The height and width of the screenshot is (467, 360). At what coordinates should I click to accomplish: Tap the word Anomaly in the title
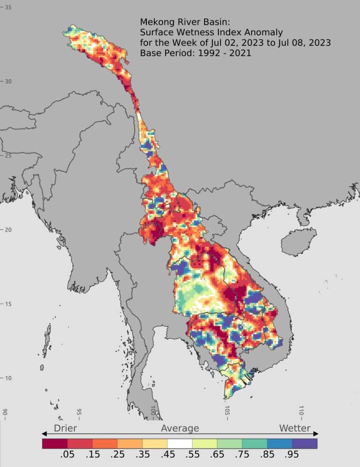(264, 32)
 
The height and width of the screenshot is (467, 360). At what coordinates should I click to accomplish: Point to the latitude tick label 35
(8, 7)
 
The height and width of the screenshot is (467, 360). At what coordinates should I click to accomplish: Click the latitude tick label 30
(8, 81)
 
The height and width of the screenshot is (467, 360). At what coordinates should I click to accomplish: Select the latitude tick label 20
(8, 229)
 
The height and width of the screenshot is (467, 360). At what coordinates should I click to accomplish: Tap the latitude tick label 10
(8, 378)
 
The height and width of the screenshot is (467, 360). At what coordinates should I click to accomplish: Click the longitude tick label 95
(79, 413)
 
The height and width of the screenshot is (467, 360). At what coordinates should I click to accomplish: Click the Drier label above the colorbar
(65, 428)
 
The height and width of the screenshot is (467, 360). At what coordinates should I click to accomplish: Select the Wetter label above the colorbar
(295, 428)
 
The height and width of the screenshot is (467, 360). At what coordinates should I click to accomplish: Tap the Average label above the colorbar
(180, 428)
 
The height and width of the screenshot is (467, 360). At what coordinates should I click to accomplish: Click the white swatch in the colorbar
(180, 443)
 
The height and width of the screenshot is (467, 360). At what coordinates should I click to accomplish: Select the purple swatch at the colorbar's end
(305, 443)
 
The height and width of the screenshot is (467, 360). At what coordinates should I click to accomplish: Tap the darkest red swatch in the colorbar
(55, 443)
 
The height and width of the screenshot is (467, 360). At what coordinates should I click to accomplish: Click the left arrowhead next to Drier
(45, 434)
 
